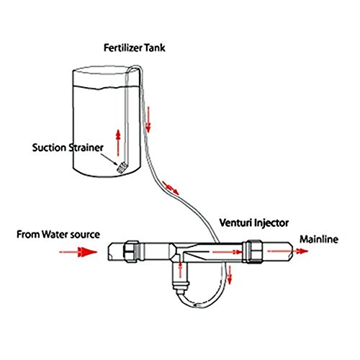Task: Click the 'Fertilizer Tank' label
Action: (134, 48)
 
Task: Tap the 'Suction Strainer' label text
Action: (68, 148)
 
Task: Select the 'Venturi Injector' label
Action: (254, 223)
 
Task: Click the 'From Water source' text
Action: (58, 235)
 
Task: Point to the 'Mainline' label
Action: (319, 239)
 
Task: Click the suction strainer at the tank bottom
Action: (122, 167)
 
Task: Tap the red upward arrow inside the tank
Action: (118, 143)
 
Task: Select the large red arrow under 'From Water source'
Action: (78, 252)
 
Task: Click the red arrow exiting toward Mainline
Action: (288, 251)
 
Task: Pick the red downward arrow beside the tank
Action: (148, 120)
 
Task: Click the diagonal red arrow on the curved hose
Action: (171, 188)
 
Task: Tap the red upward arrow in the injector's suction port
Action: (180, 270)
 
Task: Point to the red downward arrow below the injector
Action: (230, 275)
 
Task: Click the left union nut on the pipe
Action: (131, 251)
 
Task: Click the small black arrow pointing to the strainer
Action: (109, 159)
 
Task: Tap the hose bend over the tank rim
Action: (135, 67)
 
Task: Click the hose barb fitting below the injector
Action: (181, 287)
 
